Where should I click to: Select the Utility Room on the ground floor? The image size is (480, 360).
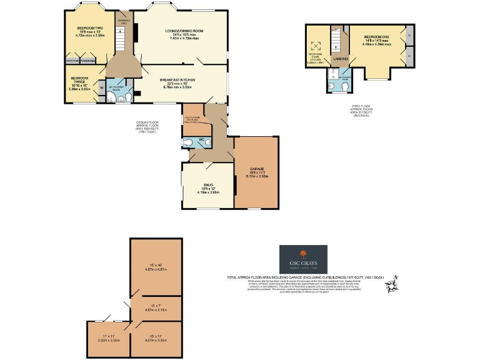click(193, 119)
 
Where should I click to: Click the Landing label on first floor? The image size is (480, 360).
click(341, 59)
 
